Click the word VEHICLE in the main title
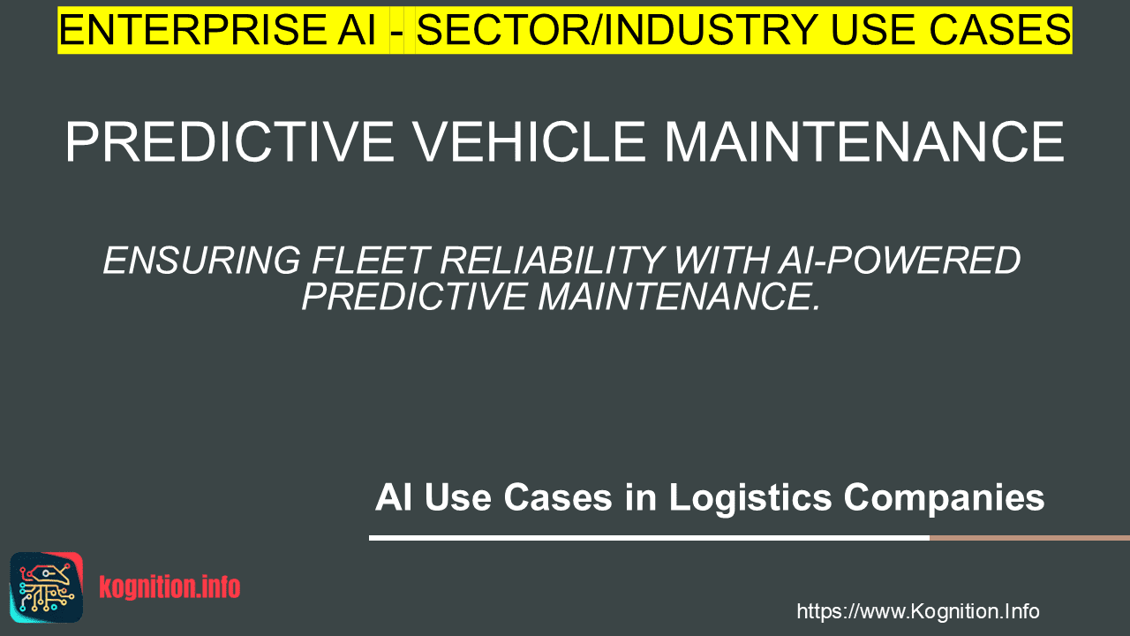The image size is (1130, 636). tap(529, 142)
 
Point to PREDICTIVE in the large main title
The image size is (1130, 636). tap(230, 142)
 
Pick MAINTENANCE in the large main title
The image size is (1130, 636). tap(864, 142)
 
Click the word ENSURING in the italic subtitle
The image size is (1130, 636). tap(202, 261)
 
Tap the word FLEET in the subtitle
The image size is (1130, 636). tap(371, 261)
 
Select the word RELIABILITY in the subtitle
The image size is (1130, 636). tap(552, 261)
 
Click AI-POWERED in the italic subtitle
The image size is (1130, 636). tap(899, 261)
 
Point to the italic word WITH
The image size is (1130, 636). tap(720, 261)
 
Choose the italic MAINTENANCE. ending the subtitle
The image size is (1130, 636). tap(679, 296)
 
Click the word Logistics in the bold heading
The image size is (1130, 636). tap(750, 497)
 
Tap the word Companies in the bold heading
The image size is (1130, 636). tap(944, 497)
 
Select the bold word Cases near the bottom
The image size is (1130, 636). tap(558, 497)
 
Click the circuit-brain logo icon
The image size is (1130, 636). tap(47, 587)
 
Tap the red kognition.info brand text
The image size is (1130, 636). tap(169, 587)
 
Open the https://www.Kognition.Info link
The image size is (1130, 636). tap(917, 611)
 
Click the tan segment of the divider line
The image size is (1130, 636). tap(1029, 538)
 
